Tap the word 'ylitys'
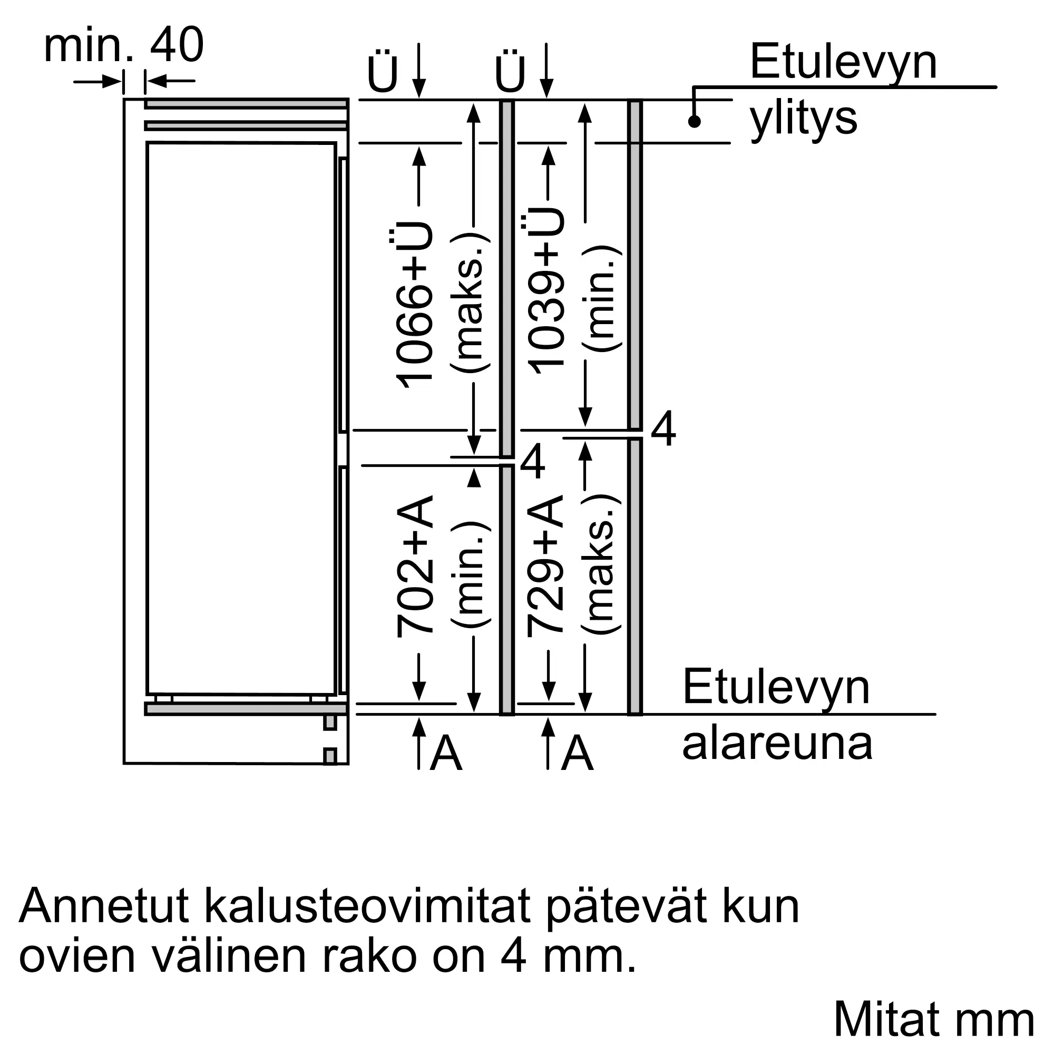click(x=803, y=119)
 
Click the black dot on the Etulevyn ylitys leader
click(x=694, y=121)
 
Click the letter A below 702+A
click(x=446, y=754)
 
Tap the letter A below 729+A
click(x=577, y=754)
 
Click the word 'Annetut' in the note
click(x=104, y=906)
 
